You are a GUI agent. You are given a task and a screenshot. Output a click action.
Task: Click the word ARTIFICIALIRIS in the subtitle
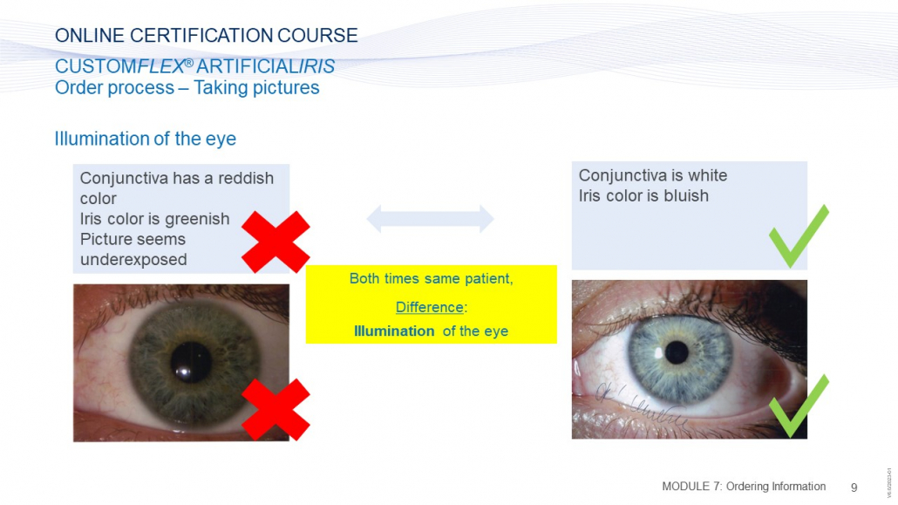click(266, 66)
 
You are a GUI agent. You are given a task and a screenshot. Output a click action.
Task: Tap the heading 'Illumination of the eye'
click(146, 139)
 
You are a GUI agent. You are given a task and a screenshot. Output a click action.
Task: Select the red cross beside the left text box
click(276, 242)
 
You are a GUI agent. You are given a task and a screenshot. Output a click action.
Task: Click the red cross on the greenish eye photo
click(276, 409)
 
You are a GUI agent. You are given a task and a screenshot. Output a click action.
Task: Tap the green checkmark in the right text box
click(799, 235)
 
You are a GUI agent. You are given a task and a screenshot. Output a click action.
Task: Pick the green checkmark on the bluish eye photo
click(799, 406)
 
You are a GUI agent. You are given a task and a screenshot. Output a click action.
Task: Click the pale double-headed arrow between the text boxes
click(430, 218)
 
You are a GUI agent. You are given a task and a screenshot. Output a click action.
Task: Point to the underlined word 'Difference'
click(430, 307)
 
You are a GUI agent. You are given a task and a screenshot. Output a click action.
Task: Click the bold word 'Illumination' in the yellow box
click(394, 331)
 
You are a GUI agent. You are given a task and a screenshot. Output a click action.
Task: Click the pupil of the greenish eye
click(191, 362)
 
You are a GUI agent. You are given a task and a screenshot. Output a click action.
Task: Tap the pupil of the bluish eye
click(677, 352)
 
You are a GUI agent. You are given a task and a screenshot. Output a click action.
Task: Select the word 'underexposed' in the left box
click(133, 260)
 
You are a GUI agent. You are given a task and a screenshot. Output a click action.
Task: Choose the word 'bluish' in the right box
click(686, 196)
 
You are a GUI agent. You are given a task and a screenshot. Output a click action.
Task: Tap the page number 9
click(854, 488)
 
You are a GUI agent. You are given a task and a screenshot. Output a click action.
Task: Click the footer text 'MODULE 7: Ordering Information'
click(744, 487)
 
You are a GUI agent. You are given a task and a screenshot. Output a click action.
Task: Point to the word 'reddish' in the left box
click(246, 178)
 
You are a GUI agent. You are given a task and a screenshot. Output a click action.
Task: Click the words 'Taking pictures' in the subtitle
click(256, 88)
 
